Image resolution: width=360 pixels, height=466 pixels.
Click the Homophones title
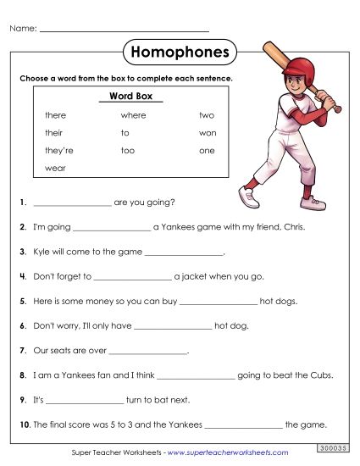tap(180, 53)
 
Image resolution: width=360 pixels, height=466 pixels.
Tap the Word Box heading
tap(130, 97)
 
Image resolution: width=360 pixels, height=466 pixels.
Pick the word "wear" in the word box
tap(55, 168)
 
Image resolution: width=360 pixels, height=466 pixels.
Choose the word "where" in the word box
tap(133, 114)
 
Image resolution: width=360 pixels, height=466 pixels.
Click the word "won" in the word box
tap(208, 132)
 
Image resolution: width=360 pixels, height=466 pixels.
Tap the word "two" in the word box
tap(207, 114)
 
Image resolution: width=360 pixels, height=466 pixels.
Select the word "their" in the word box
tap(54, 132)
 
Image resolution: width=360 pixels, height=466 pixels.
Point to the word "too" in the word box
tap(128, 150)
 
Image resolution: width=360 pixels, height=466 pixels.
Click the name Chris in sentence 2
tap(290, 228)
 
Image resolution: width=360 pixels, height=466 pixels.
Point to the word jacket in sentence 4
tap(191, 277)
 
